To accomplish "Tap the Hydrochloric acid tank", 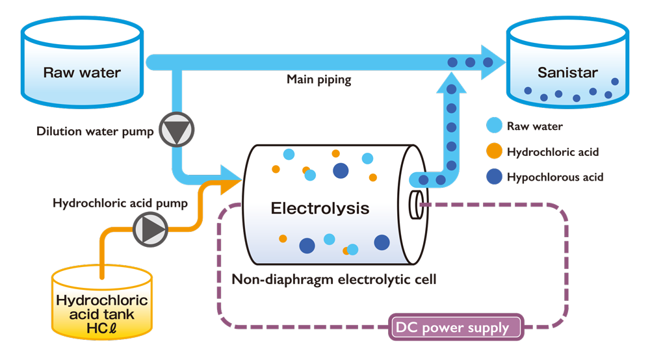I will (102, 305).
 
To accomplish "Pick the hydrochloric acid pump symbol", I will (151, 228).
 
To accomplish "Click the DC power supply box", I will (457, 328).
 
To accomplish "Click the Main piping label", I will (319, 80).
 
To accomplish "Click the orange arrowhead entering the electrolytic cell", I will (229, 185).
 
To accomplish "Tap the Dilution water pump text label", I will (95, 132).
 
